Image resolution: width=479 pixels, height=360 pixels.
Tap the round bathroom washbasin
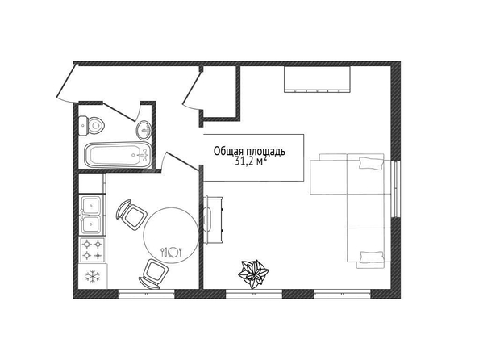(144, 130)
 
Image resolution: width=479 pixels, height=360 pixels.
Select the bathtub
(118, 155)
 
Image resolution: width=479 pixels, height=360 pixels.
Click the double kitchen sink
(92, 216)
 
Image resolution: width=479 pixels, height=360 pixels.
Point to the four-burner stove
(93, 249)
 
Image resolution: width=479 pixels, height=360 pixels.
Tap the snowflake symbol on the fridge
(91, 276)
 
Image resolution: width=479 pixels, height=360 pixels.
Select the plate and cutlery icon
(172, 252)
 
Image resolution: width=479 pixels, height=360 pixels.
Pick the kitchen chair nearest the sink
(131, 215)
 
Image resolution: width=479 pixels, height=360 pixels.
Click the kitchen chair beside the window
(155, 274)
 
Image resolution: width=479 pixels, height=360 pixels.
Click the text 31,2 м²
(250, 161)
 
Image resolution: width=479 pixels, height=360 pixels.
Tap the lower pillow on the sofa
(372, 257)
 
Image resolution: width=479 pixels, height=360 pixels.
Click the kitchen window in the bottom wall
(146, 294)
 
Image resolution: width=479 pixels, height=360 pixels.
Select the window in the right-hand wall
(396, 189)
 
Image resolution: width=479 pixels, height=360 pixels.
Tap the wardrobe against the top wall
(317, 79)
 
